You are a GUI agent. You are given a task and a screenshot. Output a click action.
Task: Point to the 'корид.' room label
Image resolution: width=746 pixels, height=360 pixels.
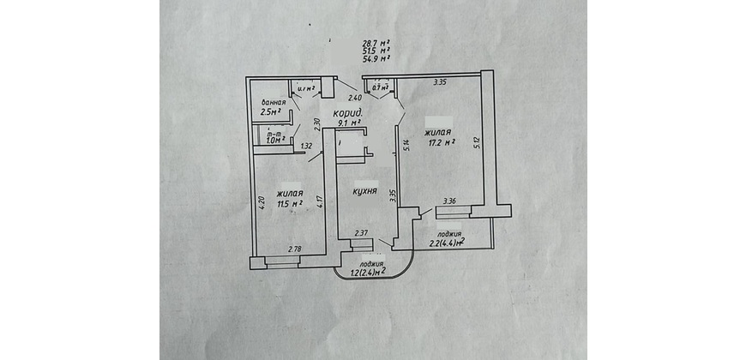348,112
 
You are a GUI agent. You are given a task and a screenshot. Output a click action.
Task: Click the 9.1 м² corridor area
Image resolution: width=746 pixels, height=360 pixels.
351,123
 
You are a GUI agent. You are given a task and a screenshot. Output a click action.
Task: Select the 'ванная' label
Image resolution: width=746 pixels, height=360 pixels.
274,101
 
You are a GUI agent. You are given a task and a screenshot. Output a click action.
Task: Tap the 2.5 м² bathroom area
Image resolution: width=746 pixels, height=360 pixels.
272,111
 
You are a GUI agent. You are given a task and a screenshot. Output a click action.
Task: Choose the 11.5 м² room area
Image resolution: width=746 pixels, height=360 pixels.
290,203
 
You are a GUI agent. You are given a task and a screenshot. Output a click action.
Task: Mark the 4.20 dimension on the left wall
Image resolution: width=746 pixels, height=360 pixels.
261,205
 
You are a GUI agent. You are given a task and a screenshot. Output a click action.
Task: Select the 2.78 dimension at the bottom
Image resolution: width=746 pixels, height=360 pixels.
294,249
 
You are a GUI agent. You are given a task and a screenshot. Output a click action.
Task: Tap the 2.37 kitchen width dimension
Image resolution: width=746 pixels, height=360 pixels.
362,232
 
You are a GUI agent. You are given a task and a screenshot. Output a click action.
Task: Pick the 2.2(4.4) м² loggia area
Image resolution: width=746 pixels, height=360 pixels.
446,243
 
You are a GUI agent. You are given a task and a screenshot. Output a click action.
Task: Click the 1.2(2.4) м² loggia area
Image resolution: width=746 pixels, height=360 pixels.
368,272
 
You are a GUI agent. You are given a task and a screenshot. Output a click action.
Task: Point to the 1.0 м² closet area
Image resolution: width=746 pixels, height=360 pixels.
275,141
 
